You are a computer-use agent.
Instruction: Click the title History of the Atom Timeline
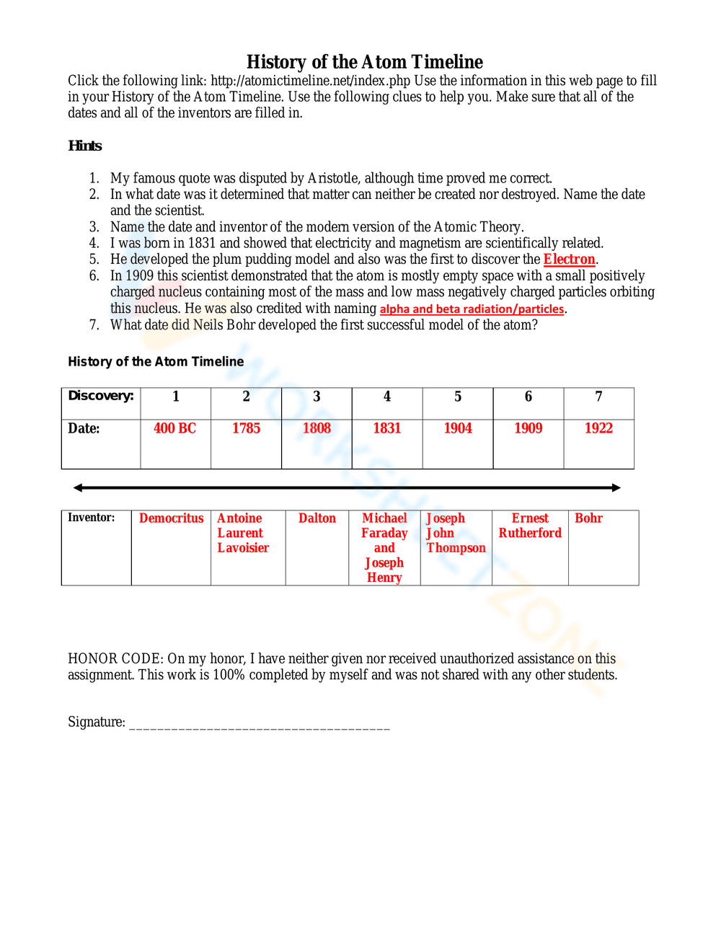pos(365,62)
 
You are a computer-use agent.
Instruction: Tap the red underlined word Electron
pos(569,260)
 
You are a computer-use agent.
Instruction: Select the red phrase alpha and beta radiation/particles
pos(472,309)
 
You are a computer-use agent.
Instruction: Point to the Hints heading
pos(85,146)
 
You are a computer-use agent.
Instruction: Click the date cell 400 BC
pos(174,428)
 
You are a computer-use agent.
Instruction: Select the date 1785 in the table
pos(246,428)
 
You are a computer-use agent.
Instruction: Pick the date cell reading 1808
pos(317,428)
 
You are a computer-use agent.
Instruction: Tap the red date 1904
pos(458,428)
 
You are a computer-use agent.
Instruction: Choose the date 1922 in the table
pos(598,428)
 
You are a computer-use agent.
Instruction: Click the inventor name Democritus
pos(172,518)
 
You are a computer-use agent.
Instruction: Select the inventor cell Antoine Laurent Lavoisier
pos(243,533)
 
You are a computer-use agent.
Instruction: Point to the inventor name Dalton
pos(317,518)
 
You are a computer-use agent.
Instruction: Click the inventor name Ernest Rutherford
pos(530,526)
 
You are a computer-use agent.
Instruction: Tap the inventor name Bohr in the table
pos(588,518)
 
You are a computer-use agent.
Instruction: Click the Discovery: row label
pos(101,396)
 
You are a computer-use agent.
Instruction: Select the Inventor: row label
pos(92,518)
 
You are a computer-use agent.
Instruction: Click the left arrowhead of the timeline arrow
pos(78,488)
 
